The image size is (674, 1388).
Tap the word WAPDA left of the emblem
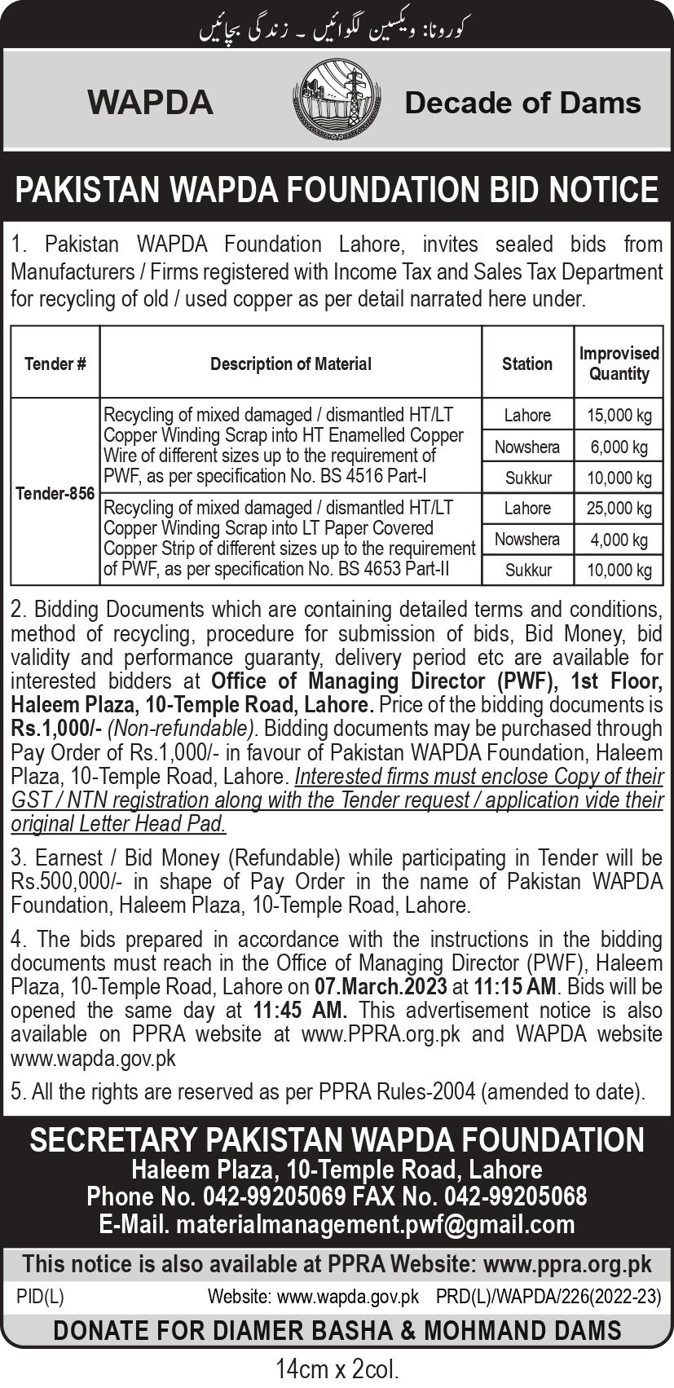tap(151, 103)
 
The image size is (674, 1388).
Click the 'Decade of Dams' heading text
tap(522, 103)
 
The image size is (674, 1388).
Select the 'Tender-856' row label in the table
tap(55, 493)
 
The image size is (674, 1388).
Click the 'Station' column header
tap(527, 364)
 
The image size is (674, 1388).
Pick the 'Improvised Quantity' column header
tap(619, 364)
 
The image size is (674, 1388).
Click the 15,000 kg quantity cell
tap(619, 416)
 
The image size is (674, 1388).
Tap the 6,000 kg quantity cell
tap(619, 447)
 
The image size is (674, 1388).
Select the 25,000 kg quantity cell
tap(619, 509)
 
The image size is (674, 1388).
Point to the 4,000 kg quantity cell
tap(619, 540)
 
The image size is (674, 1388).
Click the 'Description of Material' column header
tap(291, 364)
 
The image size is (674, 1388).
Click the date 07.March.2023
tap(381, 986)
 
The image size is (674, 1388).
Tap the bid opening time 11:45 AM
tap(300, 1010)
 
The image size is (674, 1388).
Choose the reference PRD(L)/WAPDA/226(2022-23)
tap(548, 1296)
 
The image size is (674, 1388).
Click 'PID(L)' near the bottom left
tap(40, 1296)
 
